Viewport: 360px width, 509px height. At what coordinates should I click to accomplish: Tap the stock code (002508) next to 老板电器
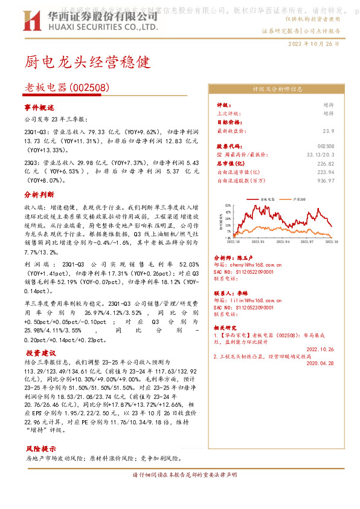pos(89,88)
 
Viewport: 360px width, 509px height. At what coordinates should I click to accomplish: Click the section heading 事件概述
pos(39,107)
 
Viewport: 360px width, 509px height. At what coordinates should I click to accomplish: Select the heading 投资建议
pos(40,352)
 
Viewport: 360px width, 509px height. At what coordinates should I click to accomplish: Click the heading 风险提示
pos(40,449)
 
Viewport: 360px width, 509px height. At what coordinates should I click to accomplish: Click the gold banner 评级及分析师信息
pos(277,89)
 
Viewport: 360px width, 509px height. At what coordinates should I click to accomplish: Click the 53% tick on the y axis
pos(228,205)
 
